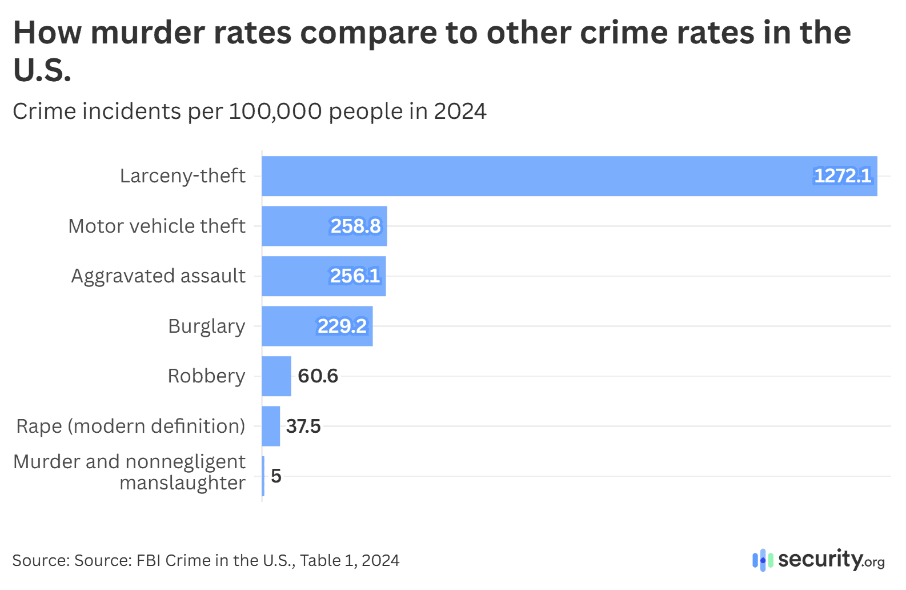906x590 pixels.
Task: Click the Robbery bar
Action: coord(276,376)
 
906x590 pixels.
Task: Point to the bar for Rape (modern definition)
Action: coord(271,426)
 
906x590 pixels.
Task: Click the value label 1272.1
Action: coord(843,176)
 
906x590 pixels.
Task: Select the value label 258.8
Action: coord(355,226)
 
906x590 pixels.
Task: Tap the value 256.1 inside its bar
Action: coord(355,276)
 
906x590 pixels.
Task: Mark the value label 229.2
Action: coord(342,326)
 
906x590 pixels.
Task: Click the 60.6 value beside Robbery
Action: coord(318,376)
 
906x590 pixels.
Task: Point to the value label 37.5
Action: coord(303,426)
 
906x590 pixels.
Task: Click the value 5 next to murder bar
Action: coord(276,476)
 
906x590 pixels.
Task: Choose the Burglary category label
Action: coord(206,326)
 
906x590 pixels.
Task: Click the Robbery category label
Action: coord(206,376)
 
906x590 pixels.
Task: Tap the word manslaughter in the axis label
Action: coord(182,484)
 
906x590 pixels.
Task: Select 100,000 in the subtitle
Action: coord(275,111)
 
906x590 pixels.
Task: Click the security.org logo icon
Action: coord(762,560)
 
